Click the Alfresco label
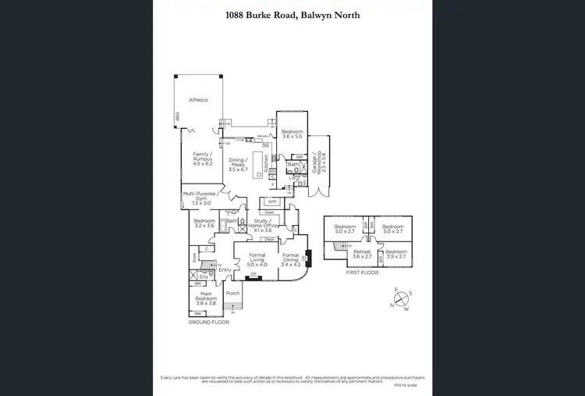click(x=198, y=100)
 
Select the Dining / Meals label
click(x=237, y=165)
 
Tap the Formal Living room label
click(x=257, y=261)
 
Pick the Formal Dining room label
click(x=291, y=261)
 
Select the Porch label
click(x=232, y=294)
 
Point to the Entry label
click(x=225, y=269)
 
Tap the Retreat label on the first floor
click(x=361, y=254)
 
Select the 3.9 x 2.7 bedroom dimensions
click(x=395, y=256)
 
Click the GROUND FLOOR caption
click(x=208, y=322)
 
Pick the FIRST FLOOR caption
click(x=361, y=273)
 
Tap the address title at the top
click(x=292, y=15)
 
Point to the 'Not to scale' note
click(x=406, y=387)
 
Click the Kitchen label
click(x=266, y=162)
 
